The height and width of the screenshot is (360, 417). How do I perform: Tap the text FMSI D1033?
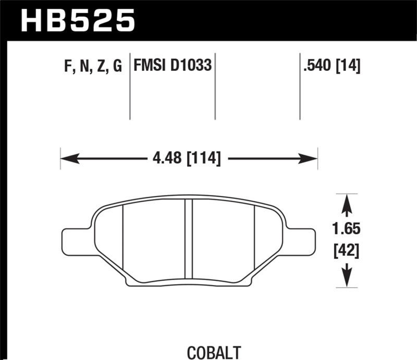pyautogui.click(x=173, y=66)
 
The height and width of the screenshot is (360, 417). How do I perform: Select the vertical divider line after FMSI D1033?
pyautogui.click(x=215, y=86)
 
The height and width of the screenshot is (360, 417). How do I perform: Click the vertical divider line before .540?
pyautogui.click(x=300, y=86)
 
